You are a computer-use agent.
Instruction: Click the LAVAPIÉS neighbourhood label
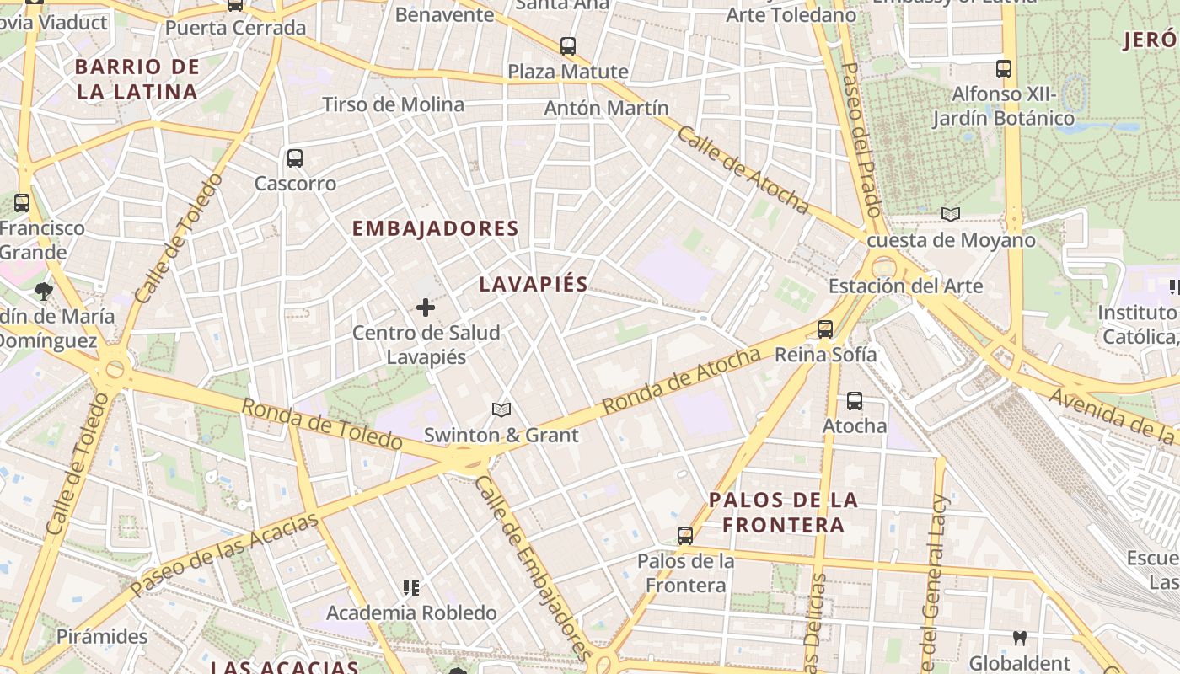pyautogui.click(x=533, y=284)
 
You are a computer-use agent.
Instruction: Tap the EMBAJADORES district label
pyautogui.click(x=435, y=228)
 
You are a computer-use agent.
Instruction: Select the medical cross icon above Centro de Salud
pyautogui.click(x=426, y=308)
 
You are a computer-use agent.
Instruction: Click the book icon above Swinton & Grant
pyautogui.click(x=501, y=410)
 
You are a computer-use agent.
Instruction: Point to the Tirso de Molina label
pyautogui.click(x=393, y=104)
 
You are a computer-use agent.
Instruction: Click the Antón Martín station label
pyautogui.click(x=606, y=108)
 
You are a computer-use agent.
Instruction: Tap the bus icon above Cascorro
pyautogui.click(x=295, y=158)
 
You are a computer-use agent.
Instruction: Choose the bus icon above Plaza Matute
pyautogui.click(x=568, y=45)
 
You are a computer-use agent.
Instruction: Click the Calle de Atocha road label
pyautogui.click(x=743, y=170)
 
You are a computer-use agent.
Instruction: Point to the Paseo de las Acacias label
pyautogui.click(x=225, y=552)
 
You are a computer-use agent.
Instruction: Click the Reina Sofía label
pyautogui.click(x=825, y=355)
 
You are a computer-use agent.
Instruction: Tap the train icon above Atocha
pyautogui.click(x=855, y=401)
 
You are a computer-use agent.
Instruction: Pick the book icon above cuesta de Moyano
pyautogui.click(x=951, y=215)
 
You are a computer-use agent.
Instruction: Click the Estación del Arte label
pyautogui.click(x=905, y=286)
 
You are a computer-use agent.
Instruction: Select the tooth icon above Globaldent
pyautogui.click(x=1020, y=638)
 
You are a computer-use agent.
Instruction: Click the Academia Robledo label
pyautogui.click(x=411, y=612)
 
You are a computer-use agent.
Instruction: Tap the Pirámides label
pyautogui.click(x=102, y=636)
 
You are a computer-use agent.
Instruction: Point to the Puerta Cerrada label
pyautogui.click(x=235, y=28)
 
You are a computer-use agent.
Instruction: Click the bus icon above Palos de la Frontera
pyautogui.click(x=685, y=535)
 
